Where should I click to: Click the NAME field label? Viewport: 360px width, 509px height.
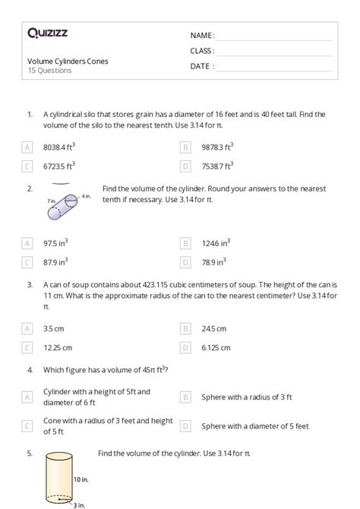pyautogui.click(x=202, y=35)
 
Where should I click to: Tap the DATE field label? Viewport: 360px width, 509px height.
pyautogui.click(x=202, y=66)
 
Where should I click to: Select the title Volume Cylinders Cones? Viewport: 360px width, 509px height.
pyautogui.click(x=68, y=62)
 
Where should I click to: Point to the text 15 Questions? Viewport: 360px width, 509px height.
pyautogui.click(x=49, y=71)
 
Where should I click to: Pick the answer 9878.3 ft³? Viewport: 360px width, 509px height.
pyautogui.click(x=217, y=147)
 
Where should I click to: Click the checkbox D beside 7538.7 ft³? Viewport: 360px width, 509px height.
pyautogui.click(x=185, y=166)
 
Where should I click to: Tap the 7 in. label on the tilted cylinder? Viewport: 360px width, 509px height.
pyautogui.click(x=51, y=201)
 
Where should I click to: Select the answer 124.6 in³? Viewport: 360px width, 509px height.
pyautogui.click(x=216, y=243)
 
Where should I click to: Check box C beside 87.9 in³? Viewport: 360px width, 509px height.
pyautogui.click(x=28, y=262)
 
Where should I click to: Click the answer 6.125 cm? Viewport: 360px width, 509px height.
pyautogui.click(x=216, y=347)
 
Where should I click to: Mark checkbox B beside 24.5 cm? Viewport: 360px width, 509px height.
pyautogui.click(x=185, y=328)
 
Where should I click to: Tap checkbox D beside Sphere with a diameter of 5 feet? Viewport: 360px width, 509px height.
pyautogui.click(x=185, y=425)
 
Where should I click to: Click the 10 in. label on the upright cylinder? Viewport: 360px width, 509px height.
pyautogui.click(x=82, y=479)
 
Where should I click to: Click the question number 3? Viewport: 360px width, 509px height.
pyautogui.click(x=30, y=285)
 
